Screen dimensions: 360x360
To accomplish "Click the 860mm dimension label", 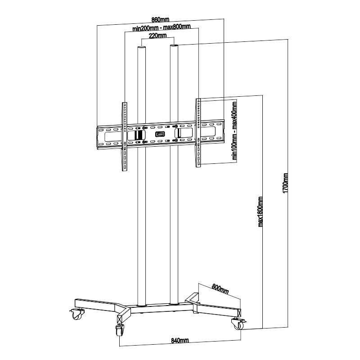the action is tap(161, 19).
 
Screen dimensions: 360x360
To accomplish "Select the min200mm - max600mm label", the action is tap(162, 27).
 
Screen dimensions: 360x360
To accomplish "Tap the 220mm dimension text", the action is tap(158, 36).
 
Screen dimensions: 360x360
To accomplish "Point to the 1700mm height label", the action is tap(285, 183).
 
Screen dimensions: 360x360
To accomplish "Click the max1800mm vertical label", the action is tap(261, 211).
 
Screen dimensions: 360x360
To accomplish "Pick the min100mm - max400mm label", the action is tap(234, 130).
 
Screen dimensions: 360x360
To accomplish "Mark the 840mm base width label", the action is tap(180, 340).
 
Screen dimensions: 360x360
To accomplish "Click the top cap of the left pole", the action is tap(141, 47).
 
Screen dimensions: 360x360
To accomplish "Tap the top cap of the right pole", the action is tap(174, 46).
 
